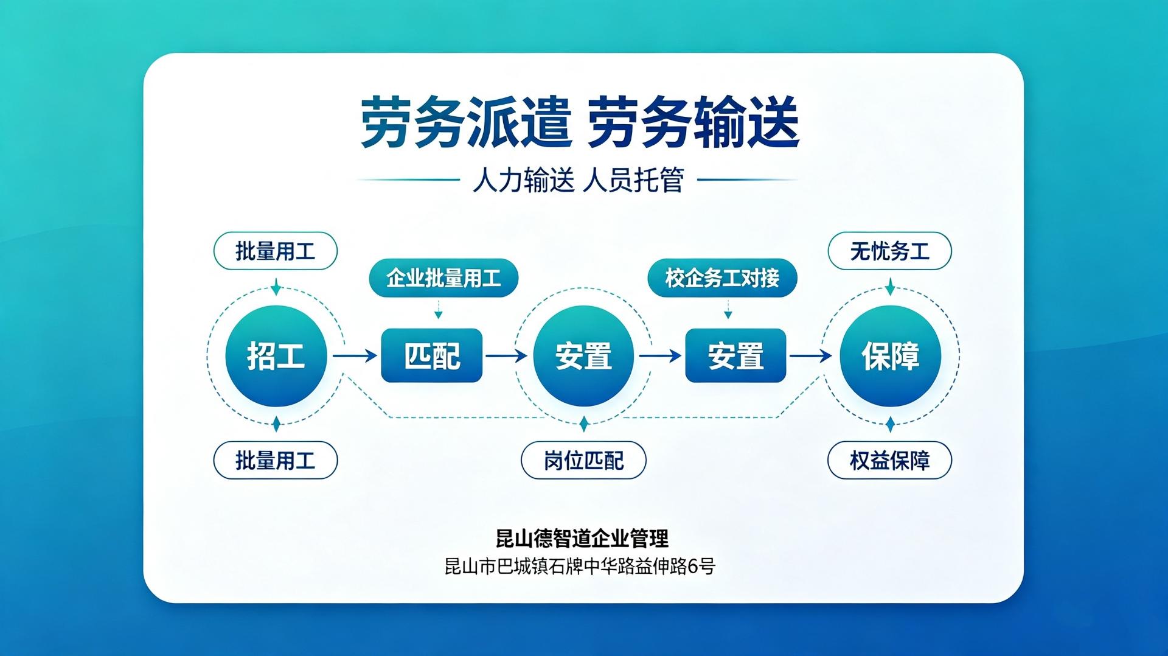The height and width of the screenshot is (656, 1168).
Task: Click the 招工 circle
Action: point(276,356)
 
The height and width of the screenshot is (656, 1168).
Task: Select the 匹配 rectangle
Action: point(432,355)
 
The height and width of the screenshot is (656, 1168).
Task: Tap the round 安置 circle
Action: point(583,356)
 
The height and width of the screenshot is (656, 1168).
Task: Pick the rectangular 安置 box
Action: point(735,355)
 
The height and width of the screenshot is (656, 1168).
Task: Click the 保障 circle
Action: point(890,356)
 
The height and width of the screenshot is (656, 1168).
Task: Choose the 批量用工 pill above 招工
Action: point(276,251)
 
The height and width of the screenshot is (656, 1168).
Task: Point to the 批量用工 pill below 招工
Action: point(276,460)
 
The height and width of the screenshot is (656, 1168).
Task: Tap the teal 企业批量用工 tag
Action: point(443,278)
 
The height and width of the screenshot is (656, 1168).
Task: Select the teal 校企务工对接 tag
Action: point(722,278)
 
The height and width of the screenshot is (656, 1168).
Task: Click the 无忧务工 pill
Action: point(889,251)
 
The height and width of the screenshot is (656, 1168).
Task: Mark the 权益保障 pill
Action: point(889,460)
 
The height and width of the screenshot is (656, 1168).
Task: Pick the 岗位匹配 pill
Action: point(583,460)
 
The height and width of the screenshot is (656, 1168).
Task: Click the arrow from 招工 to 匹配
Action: point(355,355)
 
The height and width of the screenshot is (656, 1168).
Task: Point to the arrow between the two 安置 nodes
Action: point(660,355)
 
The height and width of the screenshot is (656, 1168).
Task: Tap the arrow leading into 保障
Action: point(811,355)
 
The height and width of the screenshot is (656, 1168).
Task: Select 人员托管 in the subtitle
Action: point(634,181)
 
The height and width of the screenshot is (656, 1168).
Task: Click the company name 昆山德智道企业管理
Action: point(582,539)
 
